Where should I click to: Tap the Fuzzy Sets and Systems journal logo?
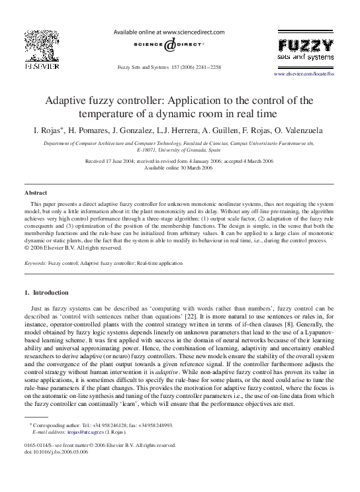tap(305, 50)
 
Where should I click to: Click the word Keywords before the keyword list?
tap(35, 263)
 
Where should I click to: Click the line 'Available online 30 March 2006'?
tap(179, 168)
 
